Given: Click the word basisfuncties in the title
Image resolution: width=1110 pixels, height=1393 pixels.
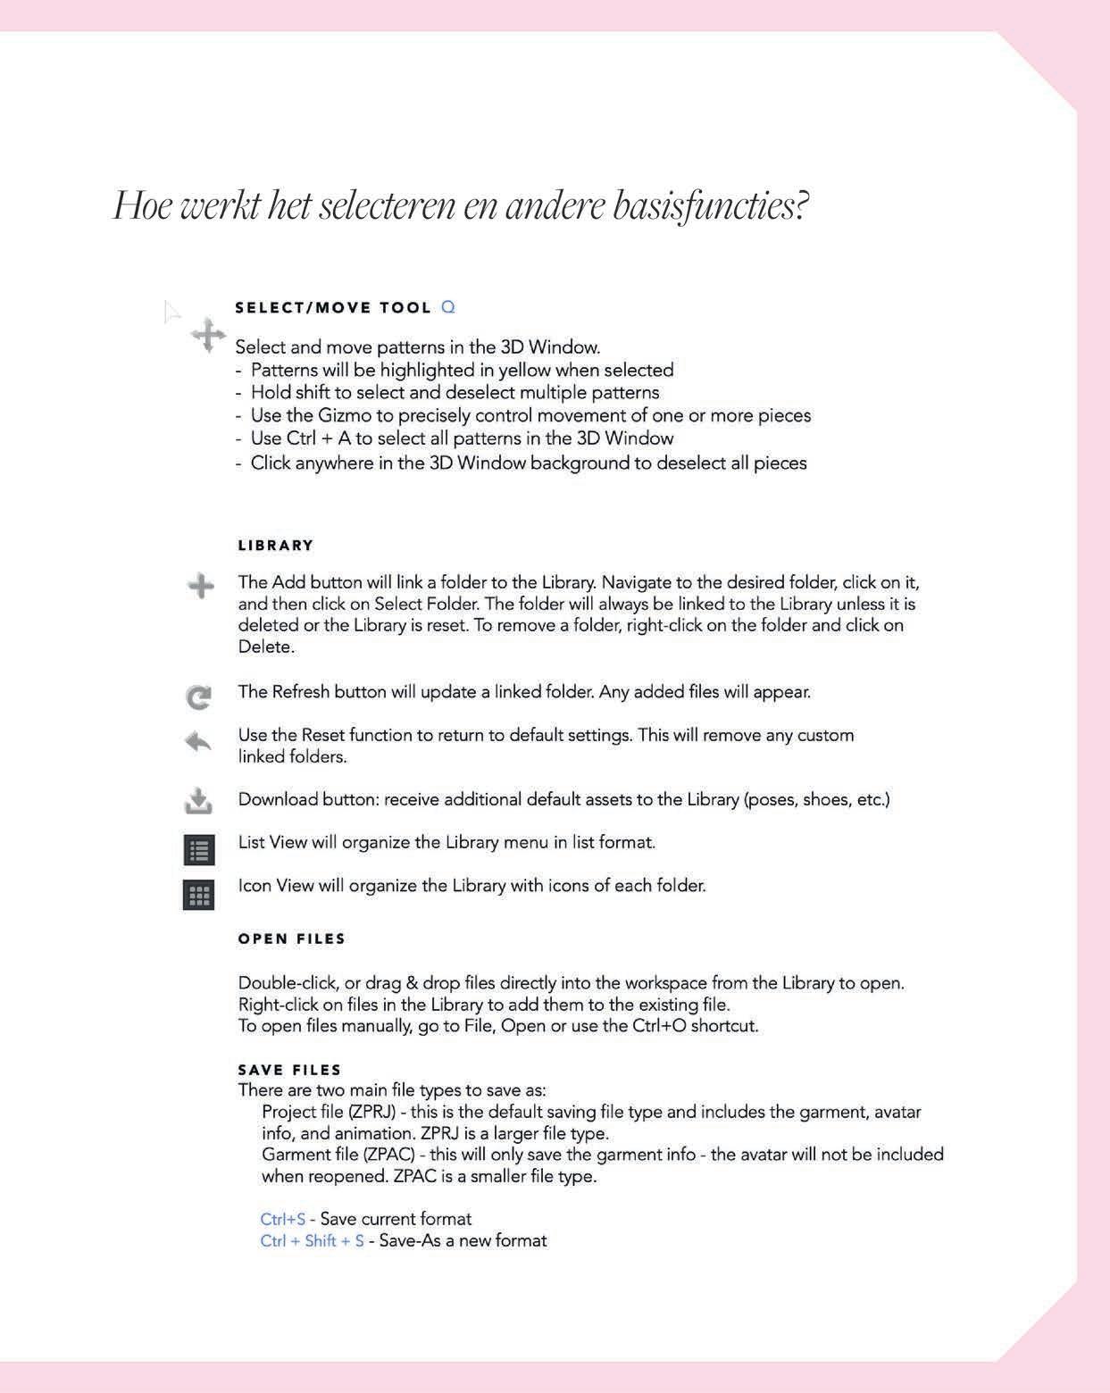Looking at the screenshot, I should [x=710, y=206].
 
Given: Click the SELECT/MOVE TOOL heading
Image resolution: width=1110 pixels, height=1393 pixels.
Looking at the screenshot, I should [x=333, y=308].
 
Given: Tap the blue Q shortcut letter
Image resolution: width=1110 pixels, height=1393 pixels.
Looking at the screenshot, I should [x=448, y=307].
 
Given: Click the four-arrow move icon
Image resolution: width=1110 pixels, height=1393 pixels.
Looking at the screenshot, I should [x=208, y=336].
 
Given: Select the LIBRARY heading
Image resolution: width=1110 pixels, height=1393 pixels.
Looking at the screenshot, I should [x=276, y=546].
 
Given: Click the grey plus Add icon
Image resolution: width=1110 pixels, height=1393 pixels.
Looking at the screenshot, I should [x=201, y=587].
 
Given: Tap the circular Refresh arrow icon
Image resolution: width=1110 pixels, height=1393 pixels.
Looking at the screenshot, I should [x=199, y=696].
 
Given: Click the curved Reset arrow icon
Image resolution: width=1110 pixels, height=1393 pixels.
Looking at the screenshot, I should [x=198, y=741].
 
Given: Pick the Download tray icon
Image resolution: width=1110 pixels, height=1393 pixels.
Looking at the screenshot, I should [x=198, y=801].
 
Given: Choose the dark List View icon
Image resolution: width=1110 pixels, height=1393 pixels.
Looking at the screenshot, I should [x=199, y=850].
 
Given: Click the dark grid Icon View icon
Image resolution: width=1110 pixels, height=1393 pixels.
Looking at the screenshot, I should [x=198, y=895].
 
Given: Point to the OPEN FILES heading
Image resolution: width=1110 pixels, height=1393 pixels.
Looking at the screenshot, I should [x=292, y=939].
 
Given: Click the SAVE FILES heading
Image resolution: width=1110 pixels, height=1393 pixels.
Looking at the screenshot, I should [x=290, y=1070].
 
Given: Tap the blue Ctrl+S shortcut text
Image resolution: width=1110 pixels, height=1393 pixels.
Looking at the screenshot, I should [x=282, y=1219].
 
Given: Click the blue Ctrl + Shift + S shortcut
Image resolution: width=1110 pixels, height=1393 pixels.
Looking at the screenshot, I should [x=312, y=1241].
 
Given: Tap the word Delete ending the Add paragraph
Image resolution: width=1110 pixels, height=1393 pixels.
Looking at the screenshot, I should [x=265, y=646].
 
